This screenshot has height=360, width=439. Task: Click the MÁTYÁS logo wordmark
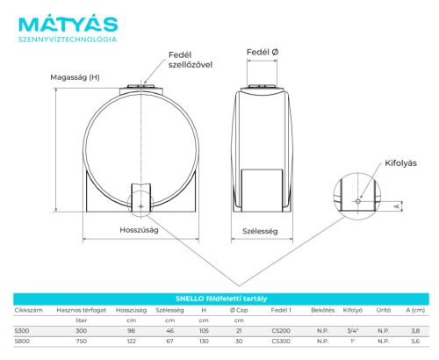coord(68,24)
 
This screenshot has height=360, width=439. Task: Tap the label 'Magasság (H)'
coord(75,77)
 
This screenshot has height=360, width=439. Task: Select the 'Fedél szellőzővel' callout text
coord(191,60)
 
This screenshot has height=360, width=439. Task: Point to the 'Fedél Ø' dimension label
coord(263,52)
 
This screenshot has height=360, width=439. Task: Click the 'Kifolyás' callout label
coord(400,163)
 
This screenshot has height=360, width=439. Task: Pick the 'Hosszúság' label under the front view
coord(139,230)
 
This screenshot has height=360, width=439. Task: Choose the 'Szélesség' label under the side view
coord(260,231)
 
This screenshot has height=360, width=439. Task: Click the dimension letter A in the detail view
coord(397,206)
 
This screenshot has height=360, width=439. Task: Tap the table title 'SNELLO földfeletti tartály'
coord(221,299)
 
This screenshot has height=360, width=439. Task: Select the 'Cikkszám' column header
coord(28,310)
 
